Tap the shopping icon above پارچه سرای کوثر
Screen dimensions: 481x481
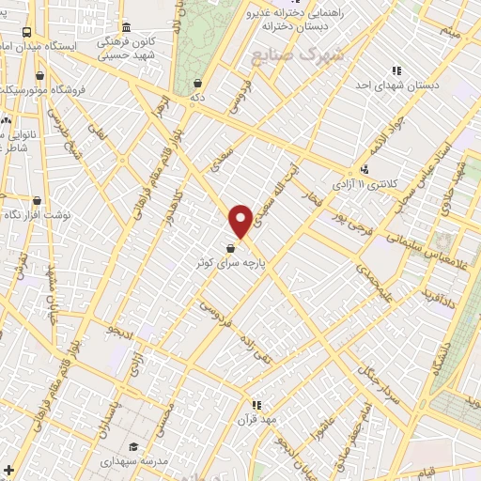(x=231, y=247)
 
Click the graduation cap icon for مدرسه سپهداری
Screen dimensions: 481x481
(x=133, y=446)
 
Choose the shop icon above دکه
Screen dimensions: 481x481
(x=195, y=82)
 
